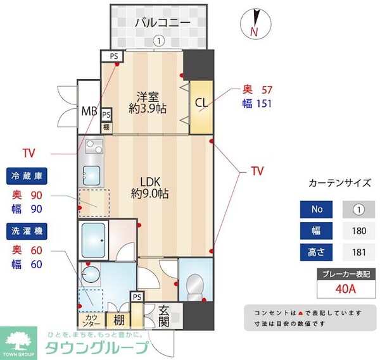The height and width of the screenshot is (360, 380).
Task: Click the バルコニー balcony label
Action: pos(162,23)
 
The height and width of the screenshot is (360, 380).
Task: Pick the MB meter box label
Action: pos(89,112)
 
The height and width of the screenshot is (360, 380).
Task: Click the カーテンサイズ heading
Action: pos(339,183)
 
